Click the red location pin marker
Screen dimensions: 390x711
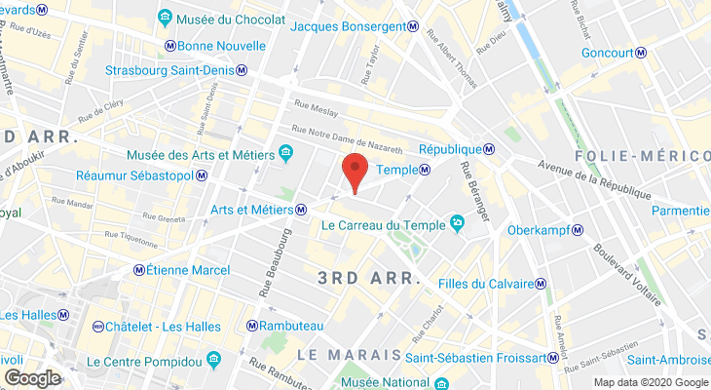click(x=355, y=172)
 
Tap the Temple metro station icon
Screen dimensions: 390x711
click(x=426, y=171)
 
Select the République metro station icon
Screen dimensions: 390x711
click(x=490, y=149)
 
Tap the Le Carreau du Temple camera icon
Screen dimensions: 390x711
click(x=458, y=223)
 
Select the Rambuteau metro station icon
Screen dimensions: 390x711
click(x=253, y=326)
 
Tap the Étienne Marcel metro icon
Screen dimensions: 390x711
click(x=139, y=270)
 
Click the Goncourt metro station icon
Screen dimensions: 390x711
click(x=645, y=53)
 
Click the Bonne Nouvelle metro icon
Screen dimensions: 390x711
click(x=170, y=46)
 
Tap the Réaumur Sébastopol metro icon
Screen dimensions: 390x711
click(x=201, y=175)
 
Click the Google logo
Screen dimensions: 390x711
click(x=33, y=377)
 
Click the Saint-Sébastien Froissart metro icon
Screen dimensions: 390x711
click(x=553, y=357)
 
